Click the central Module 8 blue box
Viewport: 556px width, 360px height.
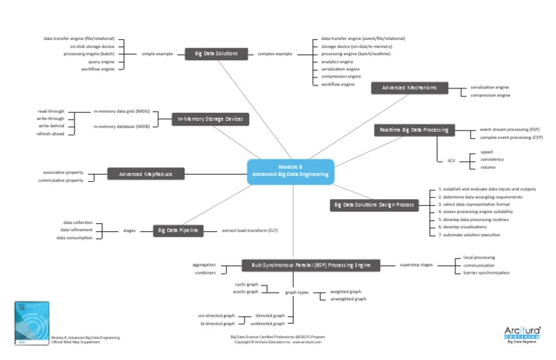(290, 170)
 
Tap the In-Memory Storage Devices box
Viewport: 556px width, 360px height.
(210, 119)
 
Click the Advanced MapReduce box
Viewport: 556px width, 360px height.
(146, 174)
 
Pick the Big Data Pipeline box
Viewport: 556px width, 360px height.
(178, 230)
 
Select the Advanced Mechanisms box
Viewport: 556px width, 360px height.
(410, 88)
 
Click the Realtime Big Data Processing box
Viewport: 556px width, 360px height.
(414, 130)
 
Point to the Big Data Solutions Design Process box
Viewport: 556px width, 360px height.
(374, 205)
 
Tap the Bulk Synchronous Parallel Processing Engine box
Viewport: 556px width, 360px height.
(311, 266)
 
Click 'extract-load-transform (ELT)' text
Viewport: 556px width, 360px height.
(250, 230)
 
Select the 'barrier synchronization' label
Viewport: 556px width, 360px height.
(486, 272)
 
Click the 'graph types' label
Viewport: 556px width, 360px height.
(296, 292)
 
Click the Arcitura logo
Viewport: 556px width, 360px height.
(521, 333)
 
